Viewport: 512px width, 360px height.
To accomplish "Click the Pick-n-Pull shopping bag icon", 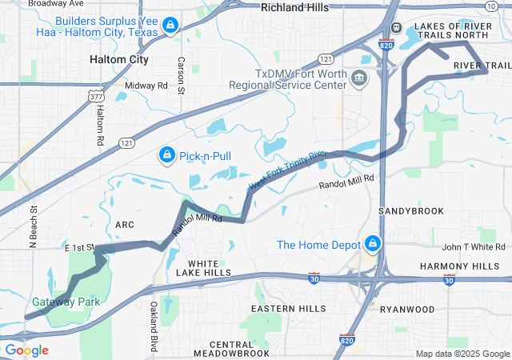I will coord(166,154).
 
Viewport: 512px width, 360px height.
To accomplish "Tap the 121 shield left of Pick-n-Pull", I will coord(104,142).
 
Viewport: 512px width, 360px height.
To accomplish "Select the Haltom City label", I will coord(118,59).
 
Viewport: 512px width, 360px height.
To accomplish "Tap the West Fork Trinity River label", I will coord(288,170).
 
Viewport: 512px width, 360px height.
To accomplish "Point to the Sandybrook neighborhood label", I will coord(410,210).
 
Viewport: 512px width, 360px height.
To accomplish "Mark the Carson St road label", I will coord(182,76).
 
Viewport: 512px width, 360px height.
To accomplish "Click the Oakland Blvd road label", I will coord(154,326).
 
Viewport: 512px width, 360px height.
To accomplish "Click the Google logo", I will coord(26,350).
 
